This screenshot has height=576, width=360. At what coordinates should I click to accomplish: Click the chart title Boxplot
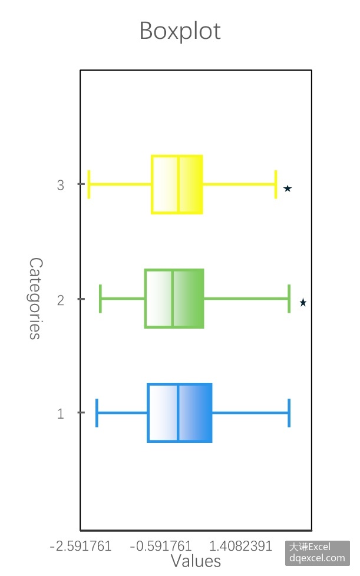180,31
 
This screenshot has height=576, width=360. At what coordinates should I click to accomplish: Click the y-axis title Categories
35,298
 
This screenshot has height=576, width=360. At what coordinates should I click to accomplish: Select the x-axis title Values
196,561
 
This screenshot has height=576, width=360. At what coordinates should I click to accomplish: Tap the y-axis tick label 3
61,185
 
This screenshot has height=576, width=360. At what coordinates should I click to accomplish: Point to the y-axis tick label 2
61,300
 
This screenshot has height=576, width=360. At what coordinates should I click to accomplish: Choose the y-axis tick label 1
61,414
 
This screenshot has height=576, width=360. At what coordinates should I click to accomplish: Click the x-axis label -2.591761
81,546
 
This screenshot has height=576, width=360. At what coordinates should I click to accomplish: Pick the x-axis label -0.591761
160,546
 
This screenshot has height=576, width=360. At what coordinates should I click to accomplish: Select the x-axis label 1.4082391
240,546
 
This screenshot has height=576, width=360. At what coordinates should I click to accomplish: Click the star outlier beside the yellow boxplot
288,188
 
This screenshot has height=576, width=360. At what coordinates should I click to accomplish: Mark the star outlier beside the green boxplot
303,302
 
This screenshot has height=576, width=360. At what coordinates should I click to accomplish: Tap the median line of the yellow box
178,184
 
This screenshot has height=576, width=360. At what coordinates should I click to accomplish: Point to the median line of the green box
172,299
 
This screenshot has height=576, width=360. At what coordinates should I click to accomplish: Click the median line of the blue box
178,412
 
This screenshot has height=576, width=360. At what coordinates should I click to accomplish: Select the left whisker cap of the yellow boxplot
89,184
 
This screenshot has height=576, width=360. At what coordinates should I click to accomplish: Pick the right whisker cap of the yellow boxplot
276,184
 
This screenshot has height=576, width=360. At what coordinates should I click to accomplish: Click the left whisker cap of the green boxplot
100,299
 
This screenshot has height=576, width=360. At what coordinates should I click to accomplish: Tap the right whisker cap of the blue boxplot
289,413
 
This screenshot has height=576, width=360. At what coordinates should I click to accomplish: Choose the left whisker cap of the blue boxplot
97,413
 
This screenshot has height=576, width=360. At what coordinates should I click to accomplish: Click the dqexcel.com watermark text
317,558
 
